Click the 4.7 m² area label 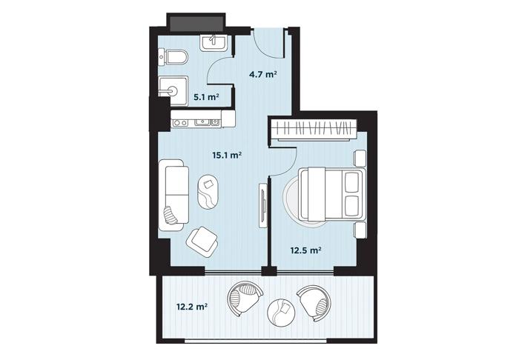[x=262, y=74]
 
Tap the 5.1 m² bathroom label [x=207, y=97]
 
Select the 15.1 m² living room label [x=227, y=155]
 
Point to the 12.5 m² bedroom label [x=305, y=250]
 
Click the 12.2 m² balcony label [x=192, y=307]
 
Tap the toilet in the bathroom [x=173, y=57]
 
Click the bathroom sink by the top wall [x=214, y=43]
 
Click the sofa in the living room [x=173, y=195]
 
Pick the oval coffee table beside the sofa [x=208, y=192]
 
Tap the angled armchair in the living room [x=202, y=241]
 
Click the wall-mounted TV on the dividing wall [x=262, y=204]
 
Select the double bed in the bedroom [x=332, y=194]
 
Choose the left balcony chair [x=245, y=299]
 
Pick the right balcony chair [x=314, y=302]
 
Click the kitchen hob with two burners [x=180, y=123]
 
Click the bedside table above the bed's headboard [x=360, y=158]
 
